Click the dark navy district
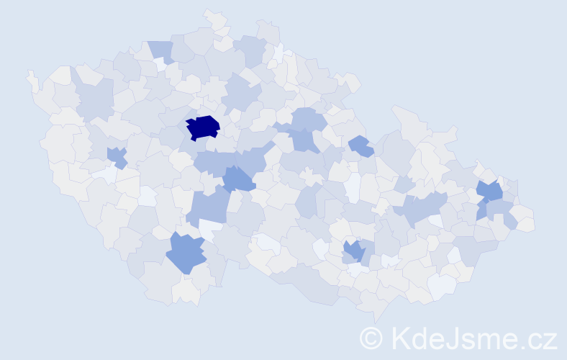tap(203, 127)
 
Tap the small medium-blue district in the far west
tap(116, 156)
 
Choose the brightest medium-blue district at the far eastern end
tap(491, 192)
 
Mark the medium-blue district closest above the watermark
tap(353, 251)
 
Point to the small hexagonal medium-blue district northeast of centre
tap(360, 145)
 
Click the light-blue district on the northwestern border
tap(161, 51)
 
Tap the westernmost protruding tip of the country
tap(30, 74)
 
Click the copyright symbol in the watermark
tap(371, 338)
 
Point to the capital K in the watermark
tap(401, 338)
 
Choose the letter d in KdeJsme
tap(424, 338)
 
